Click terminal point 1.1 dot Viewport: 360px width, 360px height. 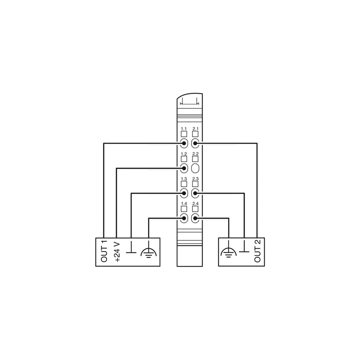pos(184,144)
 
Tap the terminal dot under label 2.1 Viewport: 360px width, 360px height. pos(195,144)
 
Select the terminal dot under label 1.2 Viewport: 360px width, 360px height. pos(184,168)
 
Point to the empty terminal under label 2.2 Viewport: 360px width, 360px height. pos(195,168)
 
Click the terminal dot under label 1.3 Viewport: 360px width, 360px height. pos(184,193)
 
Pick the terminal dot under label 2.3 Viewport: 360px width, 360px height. pos(195,193)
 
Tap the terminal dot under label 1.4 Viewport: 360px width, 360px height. pos(184,218)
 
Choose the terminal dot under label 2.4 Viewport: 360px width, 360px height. pos(195,218)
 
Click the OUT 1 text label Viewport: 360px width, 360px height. pos(104,251)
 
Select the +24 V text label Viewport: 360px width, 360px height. pos(117,252)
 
